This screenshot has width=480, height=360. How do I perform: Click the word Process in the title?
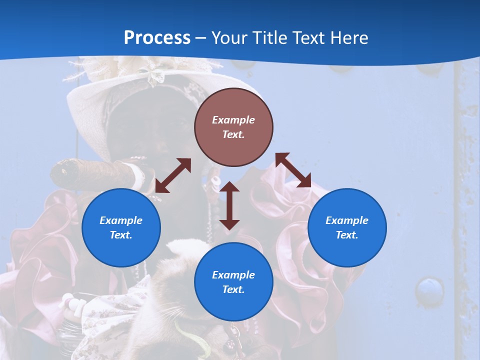tap(157, 38)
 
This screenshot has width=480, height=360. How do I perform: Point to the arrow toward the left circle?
tap(173, 175)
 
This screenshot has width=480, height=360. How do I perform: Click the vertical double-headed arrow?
tap(229, 205)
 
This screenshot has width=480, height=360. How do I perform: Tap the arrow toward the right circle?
tap(293, 170)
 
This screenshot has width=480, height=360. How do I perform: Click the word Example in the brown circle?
tap(233, 120)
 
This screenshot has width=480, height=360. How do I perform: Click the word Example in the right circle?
tap(347, 220)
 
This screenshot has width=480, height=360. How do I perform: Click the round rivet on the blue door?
tap(429, 290)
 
